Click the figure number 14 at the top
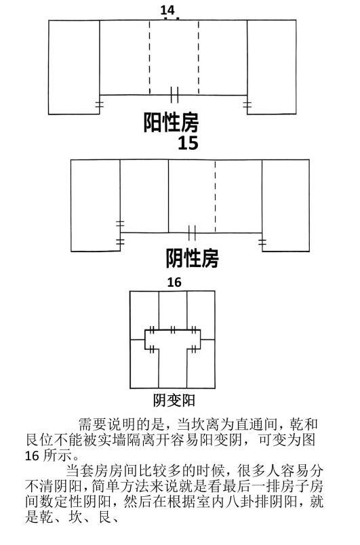click(x=167, y=9)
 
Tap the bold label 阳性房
click(x=171, y=122)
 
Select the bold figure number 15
click(x=188, y=143)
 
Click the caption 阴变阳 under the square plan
click(x=174, y=401)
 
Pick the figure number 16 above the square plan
click(x=174, y=282)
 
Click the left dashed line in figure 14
click(x=150, y=58)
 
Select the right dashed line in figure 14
click(x=199, y=58)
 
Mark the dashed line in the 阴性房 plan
click(x=215, y=197)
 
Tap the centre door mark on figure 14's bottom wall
click(x=174, y=94)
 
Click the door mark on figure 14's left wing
click(x=100, y=104)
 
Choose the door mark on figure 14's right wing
click(x=247, y=104)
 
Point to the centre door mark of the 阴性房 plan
click(x=192, y=233)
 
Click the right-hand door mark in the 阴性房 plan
click(x=262, y=242)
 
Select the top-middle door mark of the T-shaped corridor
click(x=173, y=329)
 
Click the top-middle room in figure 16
click(x=173, y=310)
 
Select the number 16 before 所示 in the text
click(x=32, y=456)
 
